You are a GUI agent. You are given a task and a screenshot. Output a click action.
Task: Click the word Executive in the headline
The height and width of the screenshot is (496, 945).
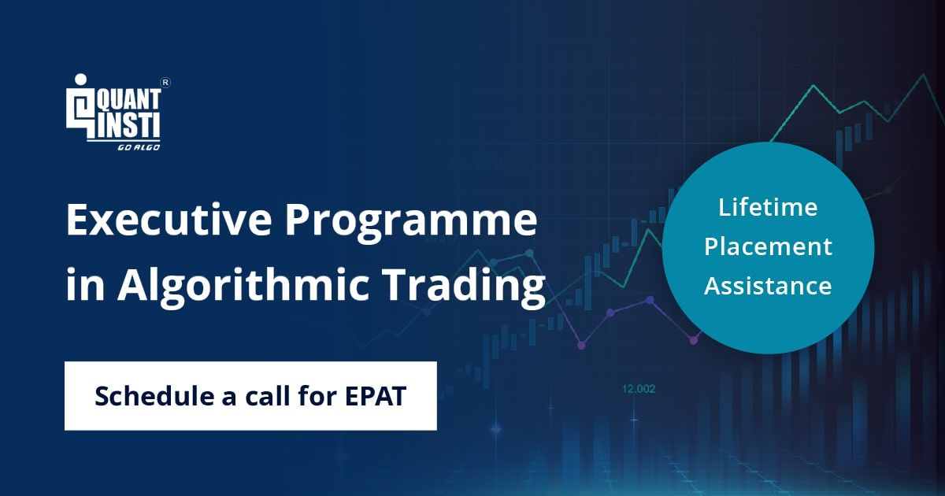169,220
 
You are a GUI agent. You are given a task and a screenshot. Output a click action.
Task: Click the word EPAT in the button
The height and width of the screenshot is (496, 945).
376,396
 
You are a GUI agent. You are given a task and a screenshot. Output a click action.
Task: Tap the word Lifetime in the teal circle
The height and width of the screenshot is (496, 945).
768,207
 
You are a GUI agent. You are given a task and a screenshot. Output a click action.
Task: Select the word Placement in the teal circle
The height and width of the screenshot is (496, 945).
768,247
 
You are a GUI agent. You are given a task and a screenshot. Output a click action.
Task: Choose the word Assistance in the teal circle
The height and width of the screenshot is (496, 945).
768,286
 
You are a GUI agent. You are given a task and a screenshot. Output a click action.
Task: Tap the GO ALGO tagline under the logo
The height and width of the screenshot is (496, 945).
139,147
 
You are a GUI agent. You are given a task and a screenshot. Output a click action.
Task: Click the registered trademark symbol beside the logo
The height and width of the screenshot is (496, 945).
166,83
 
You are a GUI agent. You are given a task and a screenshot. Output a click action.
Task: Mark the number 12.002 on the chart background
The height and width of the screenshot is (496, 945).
639,389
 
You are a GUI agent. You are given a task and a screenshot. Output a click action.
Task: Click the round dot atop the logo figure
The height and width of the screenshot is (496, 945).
80,80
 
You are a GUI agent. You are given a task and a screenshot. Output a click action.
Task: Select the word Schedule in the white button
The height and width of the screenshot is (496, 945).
154,396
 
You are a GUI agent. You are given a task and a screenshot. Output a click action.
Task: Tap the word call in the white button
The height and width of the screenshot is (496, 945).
268,396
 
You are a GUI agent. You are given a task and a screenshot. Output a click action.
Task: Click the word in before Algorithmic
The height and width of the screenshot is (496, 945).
85,284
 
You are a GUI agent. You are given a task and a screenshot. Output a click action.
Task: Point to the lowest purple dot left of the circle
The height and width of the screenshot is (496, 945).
581,346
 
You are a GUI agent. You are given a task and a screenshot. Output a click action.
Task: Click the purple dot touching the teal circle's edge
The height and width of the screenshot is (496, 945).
694,340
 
